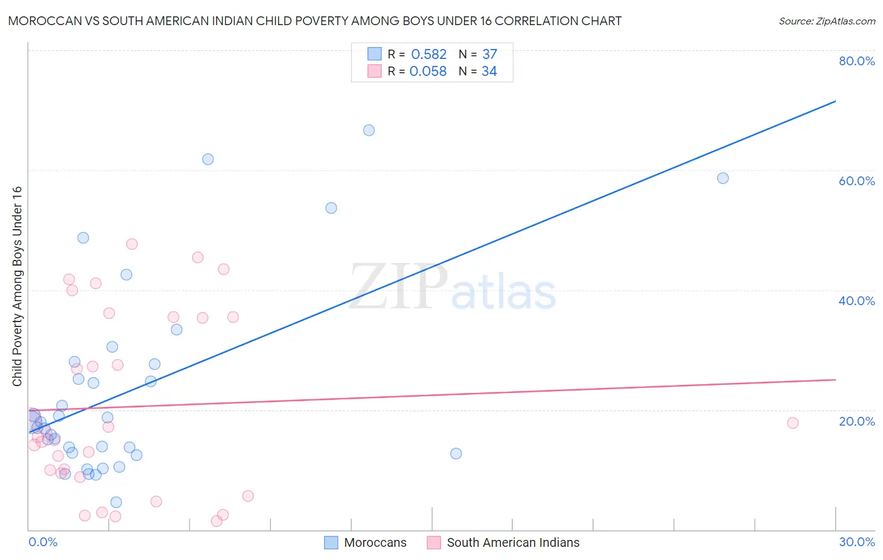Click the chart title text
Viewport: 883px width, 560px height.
(315, 21)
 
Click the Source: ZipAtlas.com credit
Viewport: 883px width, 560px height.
(826, 21)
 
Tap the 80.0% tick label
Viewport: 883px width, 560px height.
(857, 61)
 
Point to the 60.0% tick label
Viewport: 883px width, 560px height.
(857, 181)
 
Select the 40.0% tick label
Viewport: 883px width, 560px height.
(857, 301)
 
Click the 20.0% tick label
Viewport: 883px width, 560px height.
(857, 421)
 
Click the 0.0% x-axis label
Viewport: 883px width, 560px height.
(43, 542)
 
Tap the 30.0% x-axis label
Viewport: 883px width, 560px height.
(857, 542)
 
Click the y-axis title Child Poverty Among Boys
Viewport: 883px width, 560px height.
(17, 286)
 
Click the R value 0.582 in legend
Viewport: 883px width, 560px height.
(429, 55)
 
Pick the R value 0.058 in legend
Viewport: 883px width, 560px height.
(428, 72)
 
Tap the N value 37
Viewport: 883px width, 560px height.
(490, 55)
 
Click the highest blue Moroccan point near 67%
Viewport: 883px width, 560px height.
(369, 131)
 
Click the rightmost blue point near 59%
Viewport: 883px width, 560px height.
(723, 178)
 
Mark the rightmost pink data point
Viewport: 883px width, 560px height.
(793, 423)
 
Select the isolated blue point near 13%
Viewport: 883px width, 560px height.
(456, 453)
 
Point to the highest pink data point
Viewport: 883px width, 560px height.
(132, 244)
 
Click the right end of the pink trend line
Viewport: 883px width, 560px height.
(835, 380)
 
